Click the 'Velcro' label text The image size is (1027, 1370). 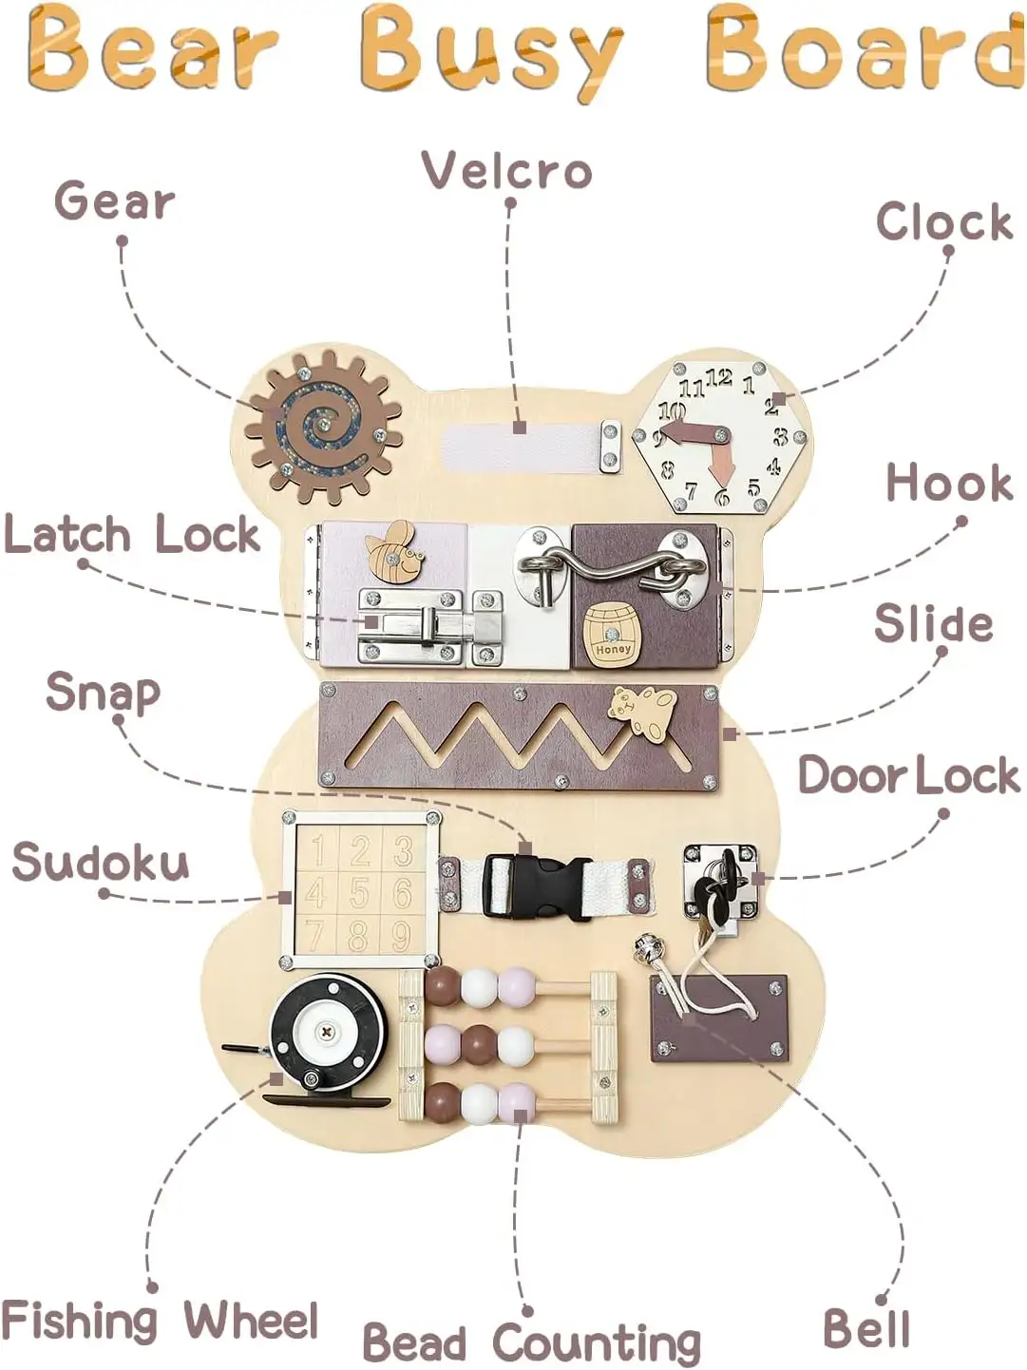click(507, 171)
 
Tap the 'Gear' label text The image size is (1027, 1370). click(115, 202)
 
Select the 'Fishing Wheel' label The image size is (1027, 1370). click(160, 1322)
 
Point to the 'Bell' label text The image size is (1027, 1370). click(865, 1328)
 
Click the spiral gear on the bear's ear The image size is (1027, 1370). click(323, 426)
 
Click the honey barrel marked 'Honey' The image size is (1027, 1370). click(612, 631)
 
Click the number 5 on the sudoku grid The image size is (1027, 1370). click(359, 894)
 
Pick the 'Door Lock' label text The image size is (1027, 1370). click(908, 775)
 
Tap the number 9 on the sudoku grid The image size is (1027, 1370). click(401, 937)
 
